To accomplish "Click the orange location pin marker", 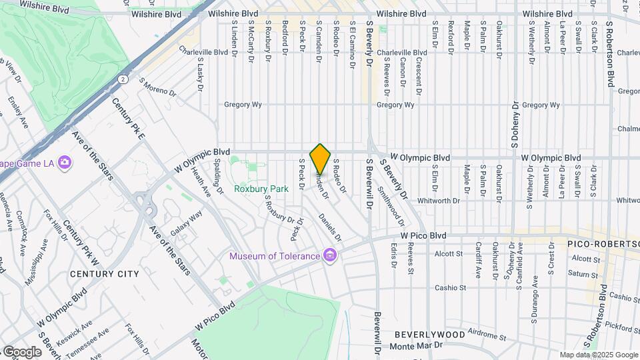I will pos(321,159).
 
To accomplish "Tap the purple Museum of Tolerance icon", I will pos(329,255).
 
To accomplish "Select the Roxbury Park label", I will pos(261,189).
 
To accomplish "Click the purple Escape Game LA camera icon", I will pos(65,162).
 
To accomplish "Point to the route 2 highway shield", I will pos(123,79).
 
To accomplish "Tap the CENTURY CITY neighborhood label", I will pos(104,273).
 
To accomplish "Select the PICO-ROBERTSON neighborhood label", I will pos(595,244).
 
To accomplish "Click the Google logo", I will pos(21,351).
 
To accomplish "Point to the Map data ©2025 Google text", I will pos(598,355).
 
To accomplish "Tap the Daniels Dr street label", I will pos(329,227).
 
